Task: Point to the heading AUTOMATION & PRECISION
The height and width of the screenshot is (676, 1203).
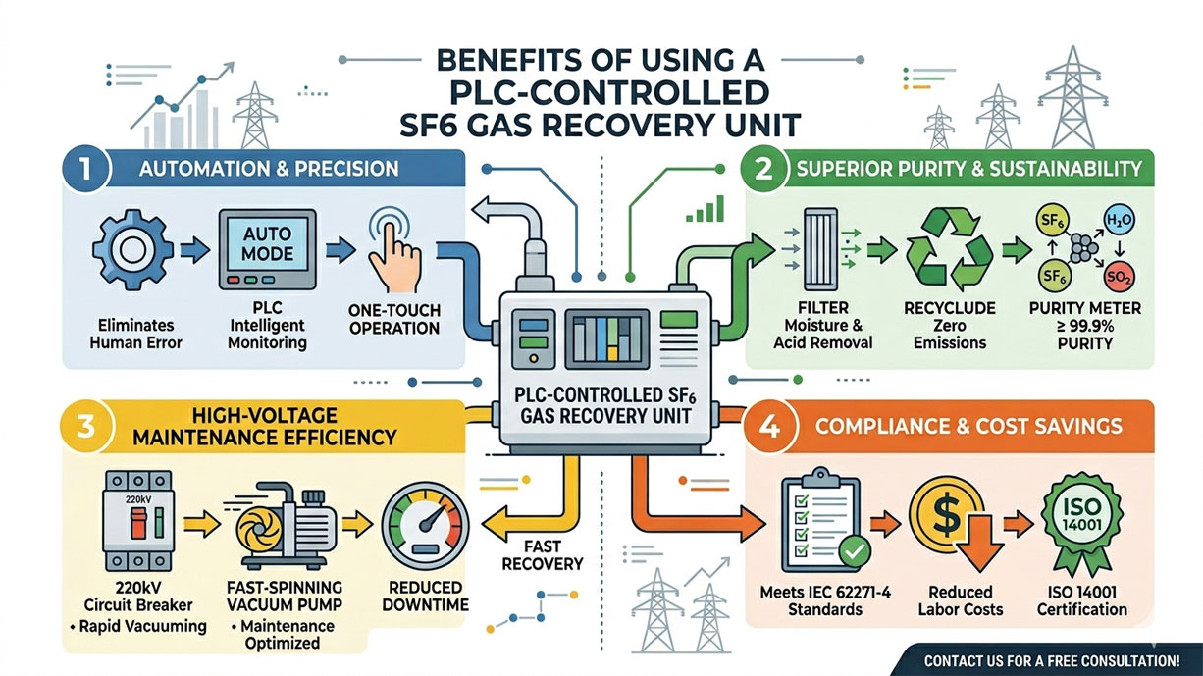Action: pyautogui.click(x=271, y=168)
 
